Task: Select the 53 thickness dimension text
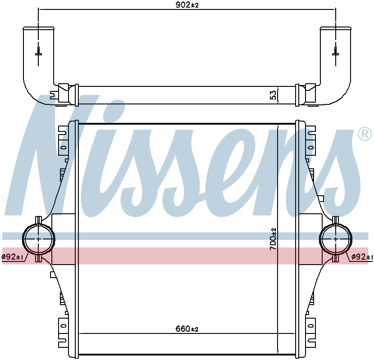(x=273, y=95)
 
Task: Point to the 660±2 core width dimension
(x=187, y=329)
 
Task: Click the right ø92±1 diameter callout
(x=362, y=257)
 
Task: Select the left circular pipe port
(x=38, y=238)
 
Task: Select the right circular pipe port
(x=336, y=238)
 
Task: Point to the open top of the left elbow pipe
(x=38, y=28)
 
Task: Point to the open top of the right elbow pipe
(x=336, y=28)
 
